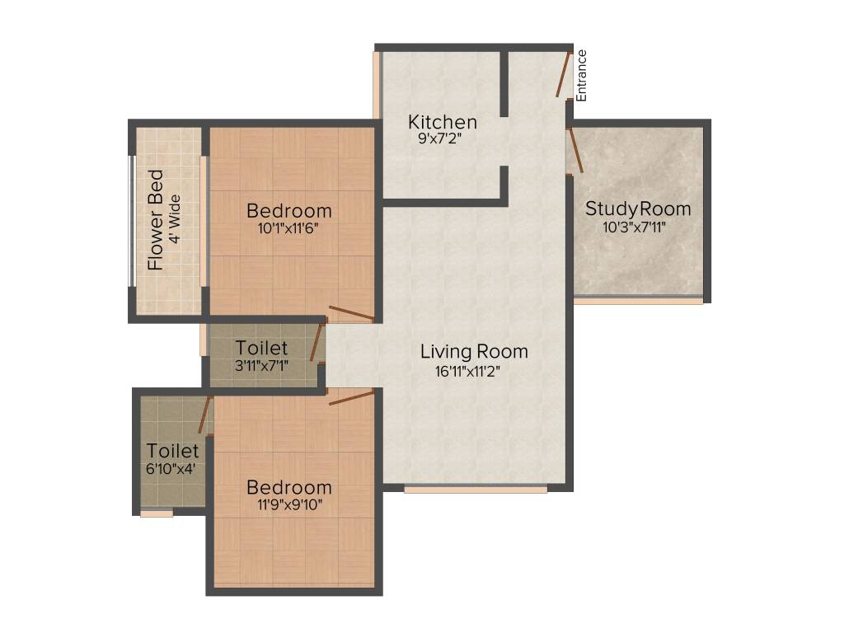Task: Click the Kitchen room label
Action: pos(443,123)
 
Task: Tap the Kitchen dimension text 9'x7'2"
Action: pos(443,138)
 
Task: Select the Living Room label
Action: pos(474,352)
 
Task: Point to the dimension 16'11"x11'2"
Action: pos(468,370)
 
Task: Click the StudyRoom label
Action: pos(638,209)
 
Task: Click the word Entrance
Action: pos(581,75)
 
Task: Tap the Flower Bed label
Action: pos(156,220)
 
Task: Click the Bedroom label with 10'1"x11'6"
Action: pos(289,211)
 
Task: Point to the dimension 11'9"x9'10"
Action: pos(289,504)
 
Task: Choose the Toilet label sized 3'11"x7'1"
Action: pos(261,348)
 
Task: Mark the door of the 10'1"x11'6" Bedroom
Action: pos(351,313)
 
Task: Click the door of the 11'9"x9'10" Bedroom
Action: pos(352,397)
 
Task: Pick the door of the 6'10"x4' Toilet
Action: pos(205,415)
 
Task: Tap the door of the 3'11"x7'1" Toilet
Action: pos(315,343)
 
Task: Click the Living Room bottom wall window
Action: pos(476,489)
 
